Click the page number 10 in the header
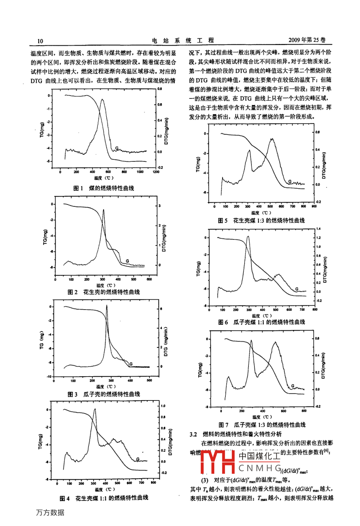coord(40,41)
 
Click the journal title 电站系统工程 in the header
coord(183,41)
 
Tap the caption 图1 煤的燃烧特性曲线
coord(104,188)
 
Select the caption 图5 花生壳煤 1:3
coord(261,220)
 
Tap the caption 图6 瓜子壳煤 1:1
coord(261,322)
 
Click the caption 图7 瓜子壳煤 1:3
coord(262,425)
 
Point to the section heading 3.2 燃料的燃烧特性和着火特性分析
coord(236,434)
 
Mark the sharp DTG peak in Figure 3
coord(107,306)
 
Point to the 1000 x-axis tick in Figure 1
coord(140,172)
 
